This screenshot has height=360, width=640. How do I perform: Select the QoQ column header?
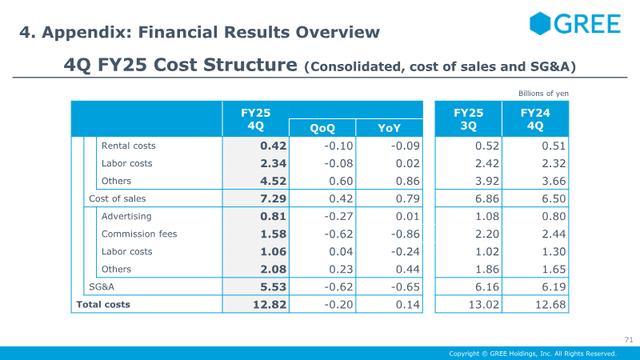[x=322, y=128]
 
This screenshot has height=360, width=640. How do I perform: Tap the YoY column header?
[x=389, y=128]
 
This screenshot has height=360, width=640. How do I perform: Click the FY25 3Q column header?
[x=468, y=119]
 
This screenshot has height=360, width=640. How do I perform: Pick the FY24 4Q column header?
[x=534, y=119]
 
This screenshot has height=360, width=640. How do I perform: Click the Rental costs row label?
[x=128, y=146]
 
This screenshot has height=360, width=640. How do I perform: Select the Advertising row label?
[x=126, y=216]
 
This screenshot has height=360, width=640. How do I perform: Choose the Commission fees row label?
[x=139, y=234]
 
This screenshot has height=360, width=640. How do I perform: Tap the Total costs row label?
[x=102, y=304]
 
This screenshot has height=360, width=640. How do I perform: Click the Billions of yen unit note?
[x=543, y=94]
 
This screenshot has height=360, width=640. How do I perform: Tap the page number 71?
[x=628, y=338]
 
